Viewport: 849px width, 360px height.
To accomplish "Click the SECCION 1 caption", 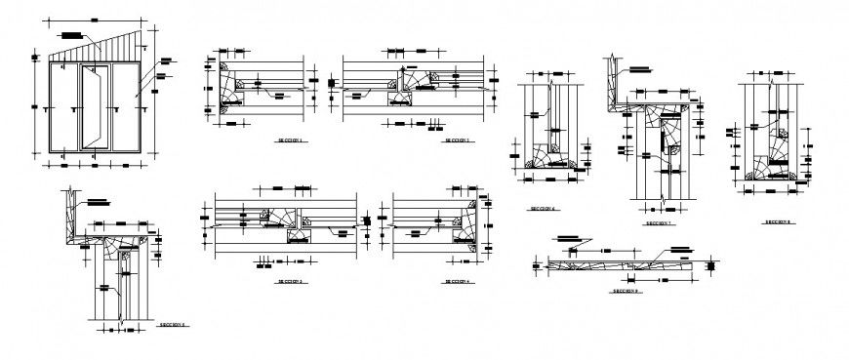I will [291, 141].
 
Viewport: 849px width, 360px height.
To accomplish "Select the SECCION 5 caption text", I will [175, 327].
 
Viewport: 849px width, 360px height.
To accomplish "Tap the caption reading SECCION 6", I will [542, 209].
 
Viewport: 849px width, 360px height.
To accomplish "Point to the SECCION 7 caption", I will [659, 223].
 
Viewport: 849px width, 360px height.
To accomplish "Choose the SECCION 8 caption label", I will [777, 221].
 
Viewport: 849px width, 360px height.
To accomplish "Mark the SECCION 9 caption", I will [625, 291].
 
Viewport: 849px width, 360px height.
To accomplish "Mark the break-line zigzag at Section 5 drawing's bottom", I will [121, 319].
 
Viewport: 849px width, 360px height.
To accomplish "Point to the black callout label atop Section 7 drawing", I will [639, 68].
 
